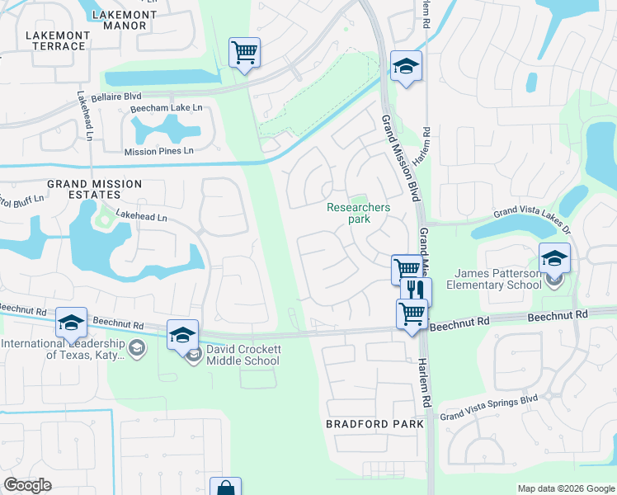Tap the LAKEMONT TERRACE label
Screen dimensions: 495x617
coord(55,40)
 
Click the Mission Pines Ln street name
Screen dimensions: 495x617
coord(158,151)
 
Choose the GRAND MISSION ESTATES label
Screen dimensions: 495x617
coord(94,189)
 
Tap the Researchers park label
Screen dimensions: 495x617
coord(359,214)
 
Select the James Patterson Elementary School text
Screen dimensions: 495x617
coord(492,280)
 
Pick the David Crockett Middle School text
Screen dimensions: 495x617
coord(243,355)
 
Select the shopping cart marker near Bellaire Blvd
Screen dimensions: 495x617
coord(244,52)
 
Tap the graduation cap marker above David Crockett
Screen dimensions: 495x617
coord(182,334)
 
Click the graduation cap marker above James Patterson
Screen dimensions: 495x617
coord(554,257)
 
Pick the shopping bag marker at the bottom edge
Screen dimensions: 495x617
coord(225,488)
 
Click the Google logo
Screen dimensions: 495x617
coord(27,485)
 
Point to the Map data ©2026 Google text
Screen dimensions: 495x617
coord(566,488)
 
